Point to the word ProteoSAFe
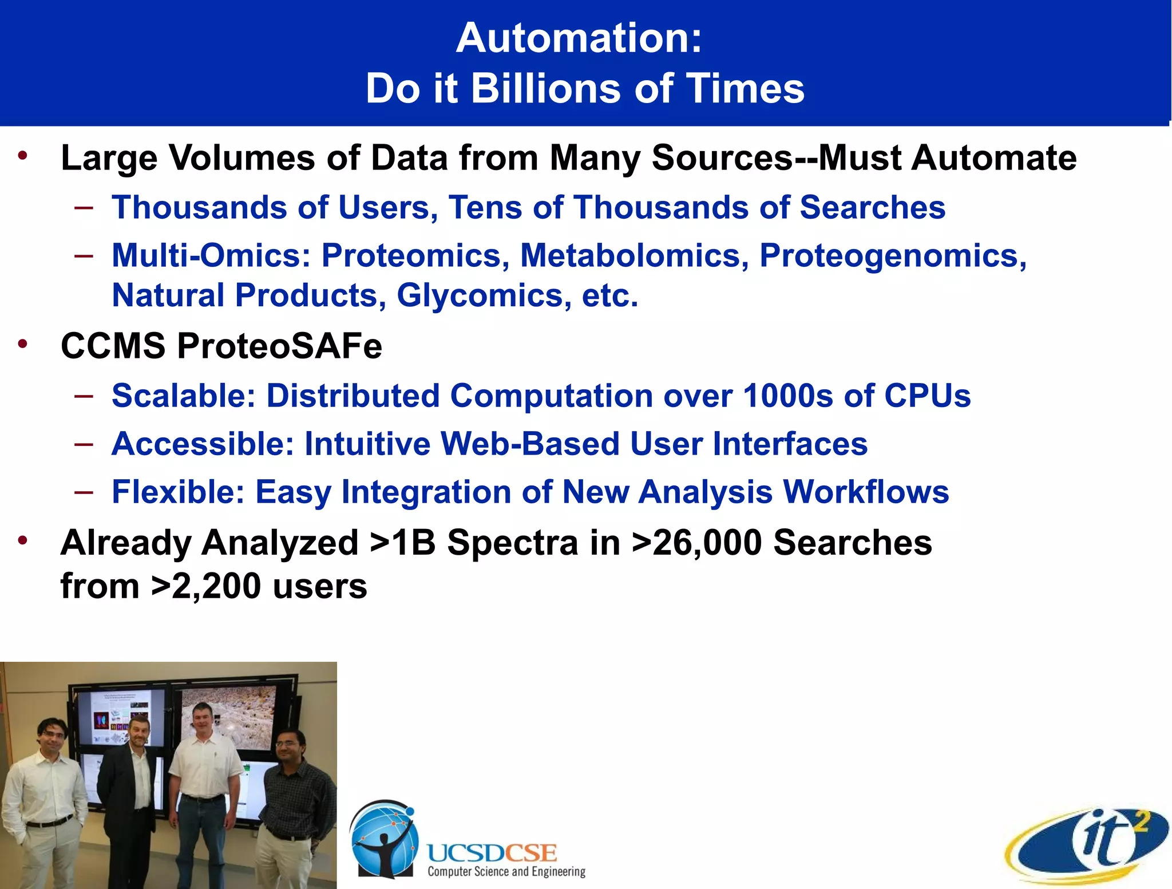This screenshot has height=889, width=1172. [x=279, y=346]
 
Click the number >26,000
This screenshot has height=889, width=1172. [x=696, y=542]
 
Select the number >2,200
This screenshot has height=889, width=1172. [x=206, y=586]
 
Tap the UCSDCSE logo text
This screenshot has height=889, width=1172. [x=492, y=853]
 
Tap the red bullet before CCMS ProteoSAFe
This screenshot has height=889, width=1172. [x=23, y=344]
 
